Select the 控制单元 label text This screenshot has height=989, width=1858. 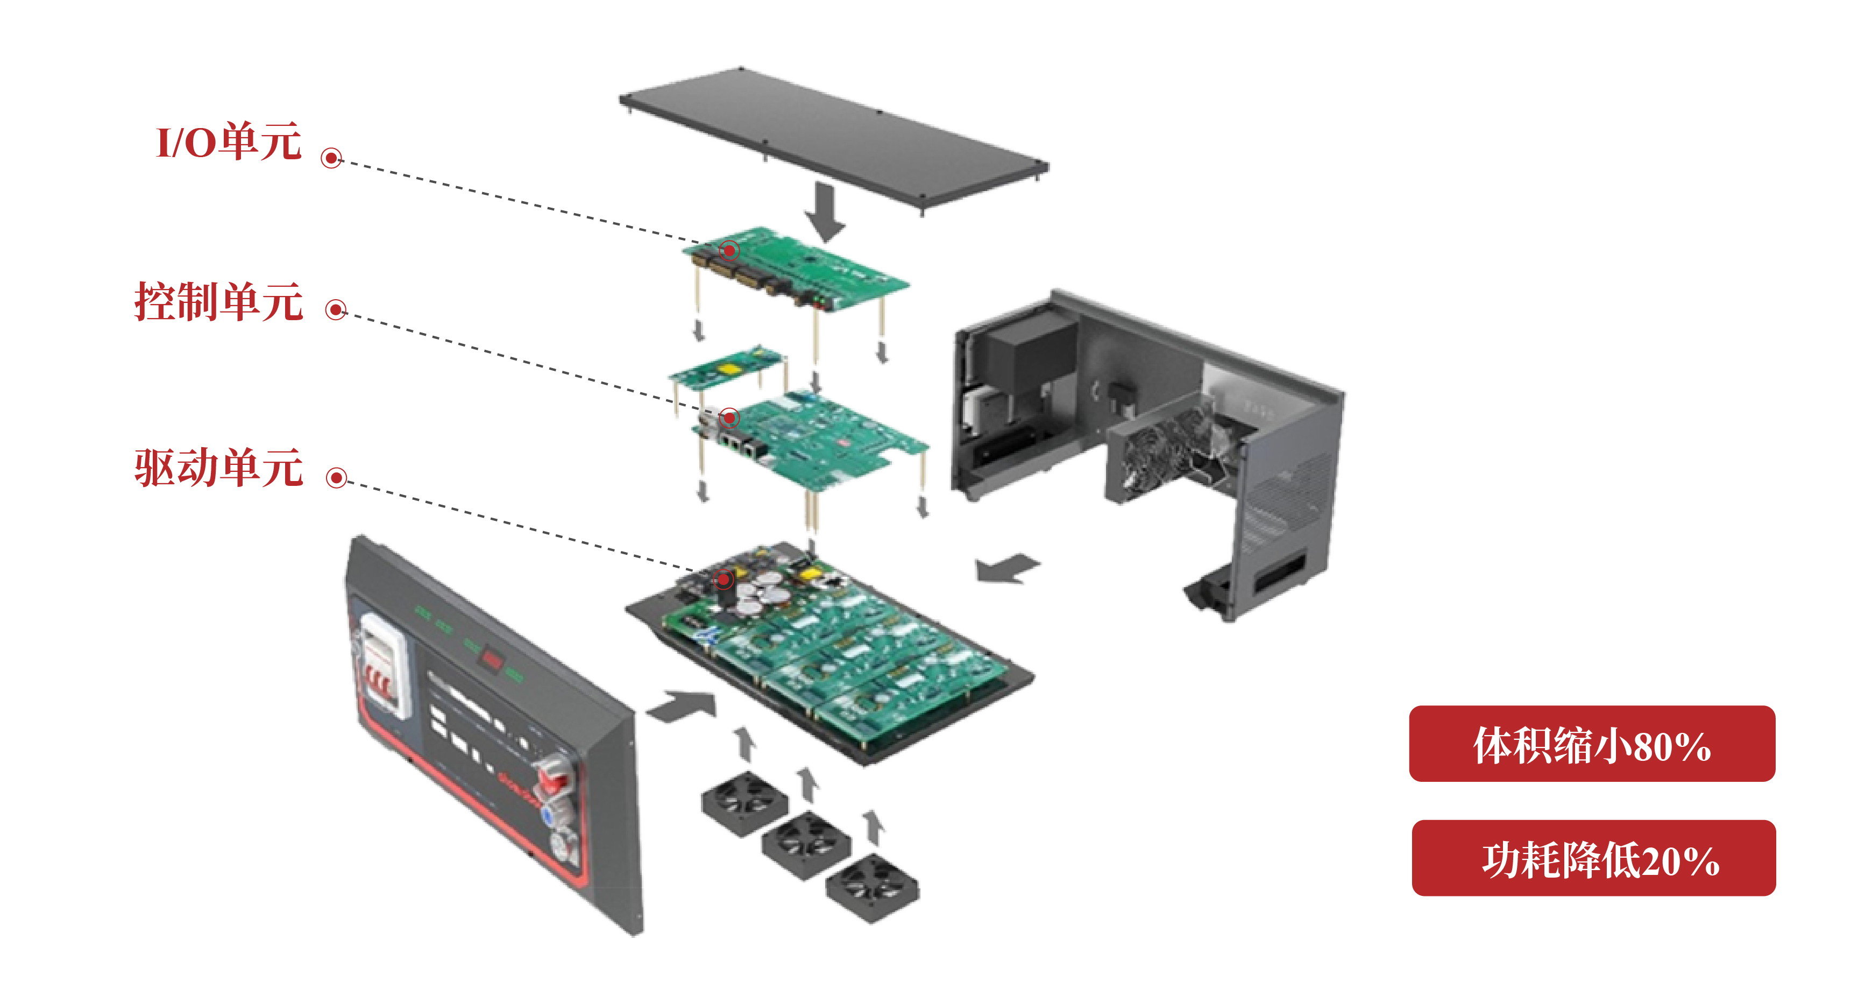(218, 301)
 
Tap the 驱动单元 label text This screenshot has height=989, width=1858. (218, 468)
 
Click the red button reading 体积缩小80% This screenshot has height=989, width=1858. (1592, 743)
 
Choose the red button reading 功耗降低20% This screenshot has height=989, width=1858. (1593, 858)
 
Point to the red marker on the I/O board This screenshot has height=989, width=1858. (729, 250)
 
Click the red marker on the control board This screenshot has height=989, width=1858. (730, 418)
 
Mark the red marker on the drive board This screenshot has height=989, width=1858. (724, 580)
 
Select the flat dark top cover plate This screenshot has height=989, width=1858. (834, 140)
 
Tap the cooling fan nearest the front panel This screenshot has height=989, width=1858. (745, 803)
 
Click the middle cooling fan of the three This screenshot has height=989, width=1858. (806, 844)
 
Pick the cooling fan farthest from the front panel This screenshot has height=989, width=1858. (872, 887)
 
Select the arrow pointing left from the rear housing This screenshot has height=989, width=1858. (1007, 568)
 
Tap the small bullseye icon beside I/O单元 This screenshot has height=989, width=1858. (331, 158)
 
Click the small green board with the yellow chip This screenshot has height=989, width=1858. (726, 367)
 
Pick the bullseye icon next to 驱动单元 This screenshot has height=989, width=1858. (336, 477)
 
